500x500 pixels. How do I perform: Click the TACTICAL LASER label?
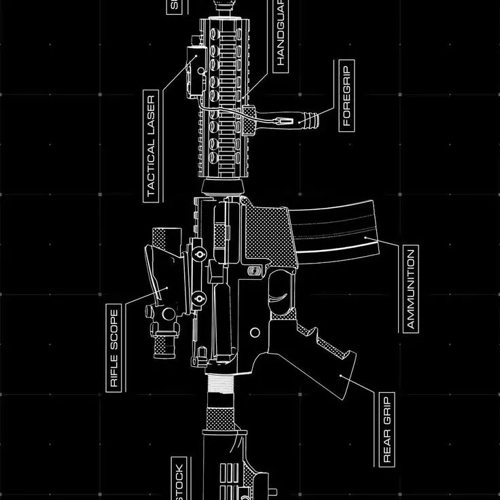(151, 145)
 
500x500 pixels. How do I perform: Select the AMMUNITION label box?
(410, 289)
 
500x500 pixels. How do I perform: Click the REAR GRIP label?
(388, 429)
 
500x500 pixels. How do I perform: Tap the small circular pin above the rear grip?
(255, 332)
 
